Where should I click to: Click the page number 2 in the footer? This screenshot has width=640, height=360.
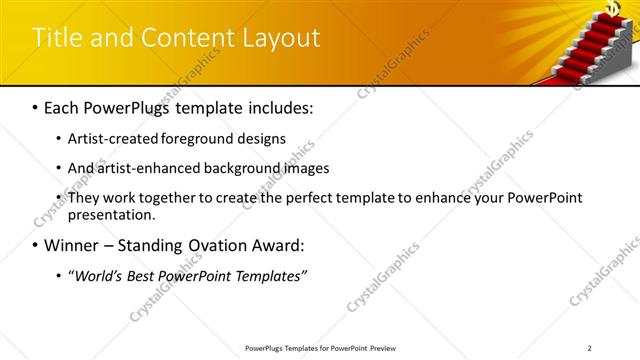pyautogui.click(x=591, y=348)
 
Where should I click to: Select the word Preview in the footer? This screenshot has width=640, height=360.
pyautogui.click(x=388, y=348)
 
